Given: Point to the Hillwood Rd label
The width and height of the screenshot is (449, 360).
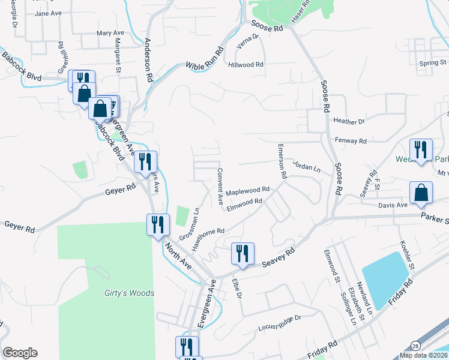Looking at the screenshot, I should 246,64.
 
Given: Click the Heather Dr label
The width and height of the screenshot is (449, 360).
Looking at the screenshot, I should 349,122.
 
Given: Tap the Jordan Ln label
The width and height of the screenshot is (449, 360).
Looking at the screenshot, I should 307,166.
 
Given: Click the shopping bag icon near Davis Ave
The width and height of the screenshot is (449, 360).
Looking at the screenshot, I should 421,193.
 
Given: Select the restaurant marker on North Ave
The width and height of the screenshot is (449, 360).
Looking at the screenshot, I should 157,225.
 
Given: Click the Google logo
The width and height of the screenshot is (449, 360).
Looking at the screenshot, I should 20,353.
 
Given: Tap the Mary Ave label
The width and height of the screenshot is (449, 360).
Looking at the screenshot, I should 110,33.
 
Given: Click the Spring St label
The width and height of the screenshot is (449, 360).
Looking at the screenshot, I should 433,62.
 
